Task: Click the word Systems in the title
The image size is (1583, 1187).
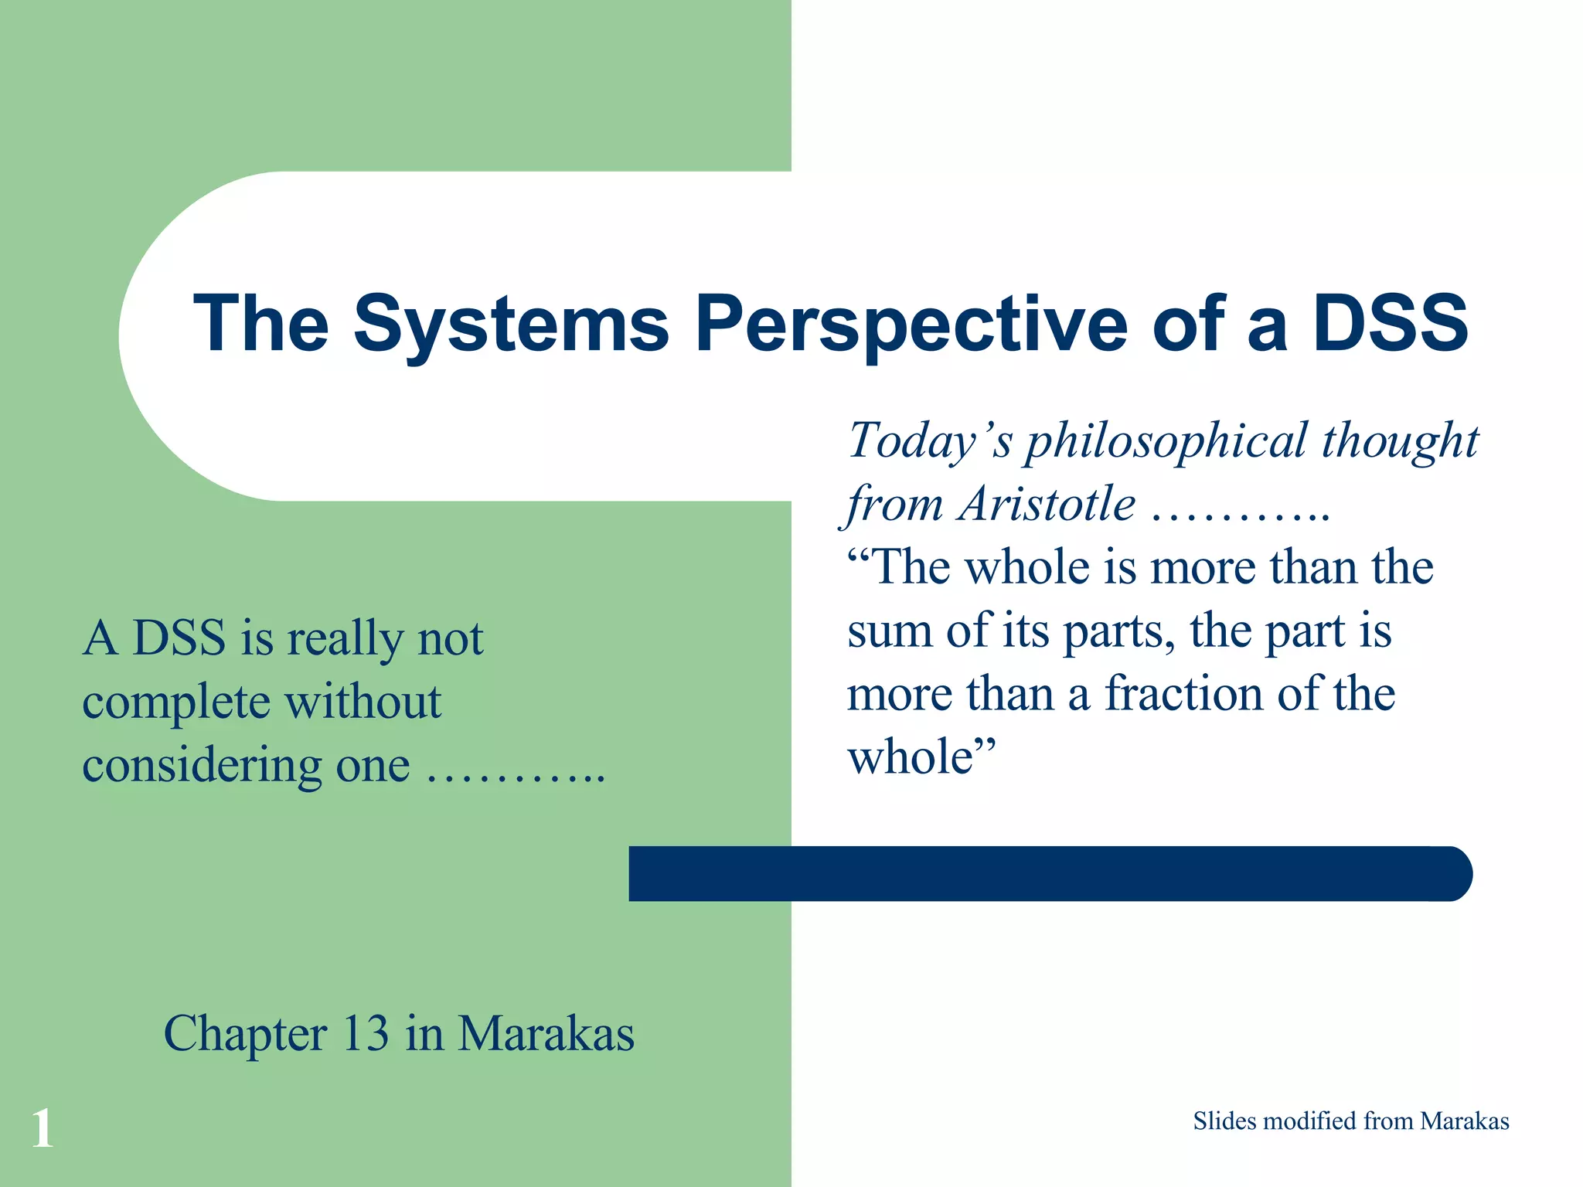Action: (511, 325)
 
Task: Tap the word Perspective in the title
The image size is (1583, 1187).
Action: (911, 325)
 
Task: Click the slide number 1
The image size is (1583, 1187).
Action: (43, 1128)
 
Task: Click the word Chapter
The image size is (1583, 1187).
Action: (245, 1034)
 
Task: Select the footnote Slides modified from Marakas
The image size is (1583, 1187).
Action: (1350, 1121)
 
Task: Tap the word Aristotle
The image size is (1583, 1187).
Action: (1047, 505)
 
